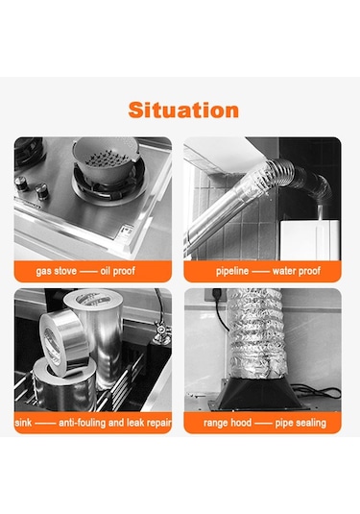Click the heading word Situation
point(182,110)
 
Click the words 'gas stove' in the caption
point(56,271)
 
